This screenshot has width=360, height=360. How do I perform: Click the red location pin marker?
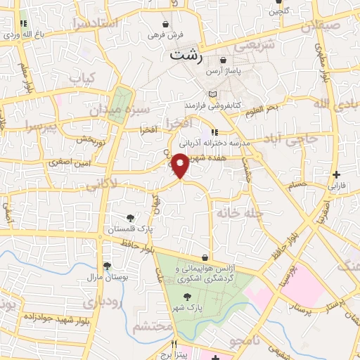181,165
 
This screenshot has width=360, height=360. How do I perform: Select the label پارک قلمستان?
130,229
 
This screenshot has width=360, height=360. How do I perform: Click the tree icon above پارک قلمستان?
130,217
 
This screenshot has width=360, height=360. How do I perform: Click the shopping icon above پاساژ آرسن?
223,60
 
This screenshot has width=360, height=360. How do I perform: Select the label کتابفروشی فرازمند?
213,105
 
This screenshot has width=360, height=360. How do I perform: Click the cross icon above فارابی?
337,175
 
